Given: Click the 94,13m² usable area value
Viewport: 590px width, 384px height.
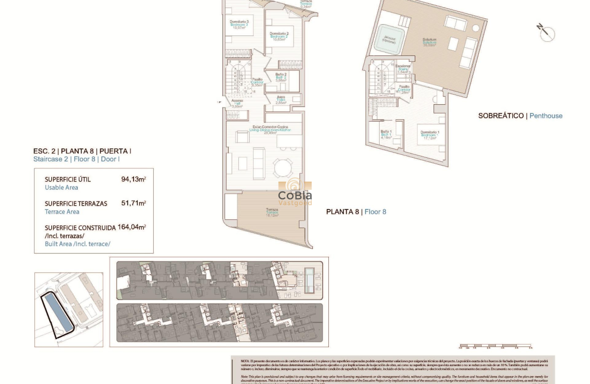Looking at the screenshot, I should point(133,179).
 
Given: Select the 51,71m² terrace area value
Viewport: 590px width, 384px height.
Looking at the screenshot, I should point(133,203).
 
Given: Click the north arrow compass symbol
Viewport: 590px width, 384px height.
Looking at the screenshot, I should point(546,33).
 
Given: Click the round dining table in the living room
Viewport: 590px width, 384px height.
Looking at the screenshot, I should point(283,168).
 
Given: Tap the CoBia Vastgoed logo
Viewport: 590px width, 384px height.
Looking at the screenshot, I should point(295,192).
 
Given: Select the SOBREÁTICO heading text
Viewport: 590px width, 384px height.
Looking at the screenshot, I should point(501,116).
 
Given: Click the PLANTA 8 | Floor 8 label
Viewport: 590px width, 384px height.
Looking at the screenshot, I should point(356,212).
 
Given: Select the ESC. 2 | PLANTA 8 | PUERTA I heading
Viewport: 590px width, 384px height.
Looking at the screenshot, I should point(82,151).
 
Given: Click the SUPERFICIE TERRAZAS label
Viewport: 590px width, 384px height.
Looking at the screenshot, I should point(76,203).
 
